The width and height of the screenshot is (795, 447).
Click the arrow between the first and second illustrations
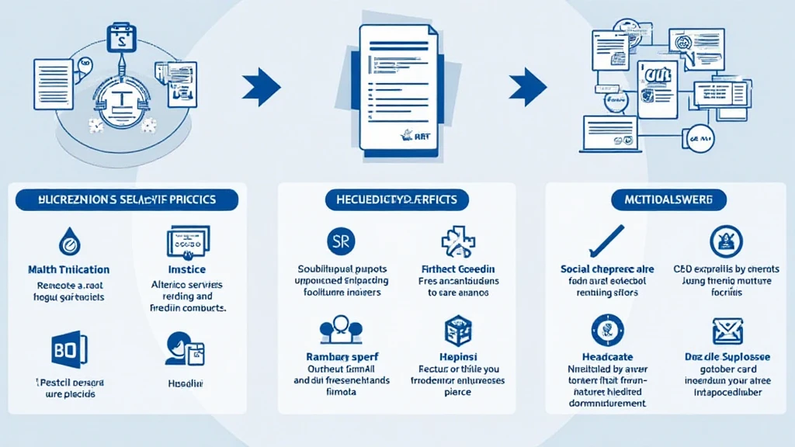[x=261, y=86]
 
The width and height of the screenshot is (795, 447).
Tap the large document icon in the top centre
[x=397, y=89]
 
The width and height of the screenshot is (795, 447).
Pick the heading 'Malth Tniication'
[x=68, y=270]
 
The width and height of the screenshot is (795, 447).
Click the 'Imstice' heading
[x=187, y=270]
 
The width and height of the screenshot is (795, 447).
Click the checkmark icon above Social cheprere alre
[x=607, y=241]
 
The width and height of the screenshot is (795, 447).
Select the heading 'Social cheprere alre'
[x=607, y=269]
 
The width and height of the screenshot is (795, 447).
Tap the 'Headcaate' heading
[x=607, y=357]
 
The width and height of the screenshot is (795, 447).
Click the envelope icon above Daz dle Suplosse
[x=727, y=332]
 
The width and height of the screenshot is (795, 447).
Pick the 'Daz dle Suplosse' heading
[x=727, y=357]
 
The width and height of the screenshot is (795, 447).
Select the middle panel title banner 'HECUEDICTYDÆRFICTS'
[x=397, y=199]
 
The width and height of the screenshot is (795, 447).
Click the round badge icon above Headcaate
[x=607, y=329]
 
